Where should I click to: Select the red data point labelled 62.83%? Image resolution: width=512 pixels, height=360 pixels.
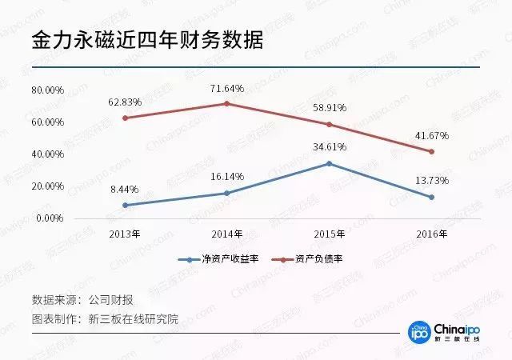coord(125,118)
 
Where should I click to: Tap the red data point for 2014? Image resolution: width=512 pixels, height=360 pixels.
coord(227,103)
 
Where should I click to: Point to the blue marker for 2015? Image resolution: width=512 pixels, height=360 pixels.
coord(330,163)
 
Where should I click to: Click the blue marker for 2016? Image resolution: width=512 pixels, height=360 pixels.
coord(432,197)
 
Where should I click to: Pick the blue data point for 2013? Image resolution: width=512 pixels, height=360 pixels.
coord(125,205)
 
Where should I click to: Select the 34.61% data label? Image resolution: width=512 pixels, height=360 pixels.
coord(330,147)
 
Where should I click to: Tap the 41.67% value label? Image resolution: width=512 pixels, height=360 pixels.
coord(432,136)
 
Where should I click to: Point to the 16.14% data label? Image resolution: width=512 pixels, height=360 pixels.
coord(227,176)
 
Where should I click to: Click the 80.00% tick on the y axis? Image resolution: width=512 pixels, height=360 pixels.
coord(47,90)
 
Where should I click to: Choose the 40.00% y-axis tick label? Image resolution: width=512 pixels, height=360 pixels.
coord(47,154)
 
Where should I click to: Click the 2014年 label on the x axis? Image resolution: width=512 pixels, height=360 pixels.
coord(227,234)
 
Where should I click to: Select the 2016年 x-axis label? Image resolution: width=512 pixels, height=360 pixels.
coord(432,234)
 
